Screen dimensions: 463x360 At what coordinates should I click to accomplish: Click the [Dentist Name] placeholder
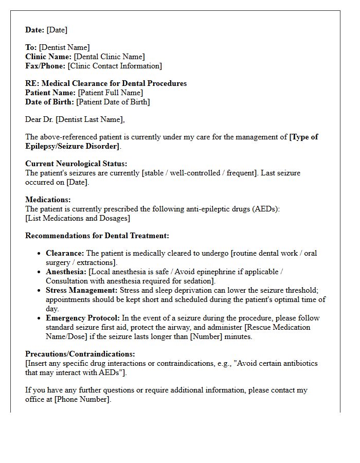coord(64,47)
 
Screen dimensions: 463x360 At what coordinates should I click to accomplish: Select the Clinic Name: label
coord(48,57)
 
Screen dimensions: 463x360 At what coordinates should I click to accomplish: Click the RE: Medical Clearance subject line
coord(106,83)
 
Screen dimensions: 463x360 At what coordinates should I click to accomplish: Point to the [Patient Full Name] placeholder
coord(110,93)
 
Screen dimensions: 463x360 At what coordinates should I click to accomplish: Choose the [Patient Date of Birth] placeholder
coord(113,102)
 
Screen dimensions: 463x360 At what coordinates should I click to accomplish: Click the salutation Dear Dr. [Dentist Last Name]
coord(75,119)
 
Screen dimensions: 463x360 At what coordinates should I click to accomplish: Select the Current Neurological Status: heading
coord(76,164)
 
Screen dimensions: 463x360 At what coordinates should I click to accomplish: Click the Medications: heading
coord(48,200)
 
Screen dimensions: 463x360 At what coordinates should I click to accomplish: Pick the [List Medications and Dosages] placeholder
coord(78,218)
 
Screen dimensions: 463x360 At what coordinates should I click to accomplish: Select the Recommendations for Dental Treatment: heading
coord(97,236)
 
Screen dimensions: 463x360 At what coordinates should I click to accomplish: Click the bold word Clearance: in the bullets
coord(65,253)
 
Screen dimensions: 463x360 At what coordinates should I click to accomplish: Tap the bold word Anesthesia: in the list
coord(66,272)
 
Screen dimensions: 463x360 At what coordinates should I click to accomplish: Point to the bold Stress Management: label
coord(82,290)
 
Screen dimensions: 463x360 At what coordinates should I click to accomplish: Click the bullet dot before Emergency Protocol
coord(40,318)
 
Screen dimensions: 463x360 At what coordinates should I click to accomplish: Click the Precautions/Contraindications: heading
coord(80,354)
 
